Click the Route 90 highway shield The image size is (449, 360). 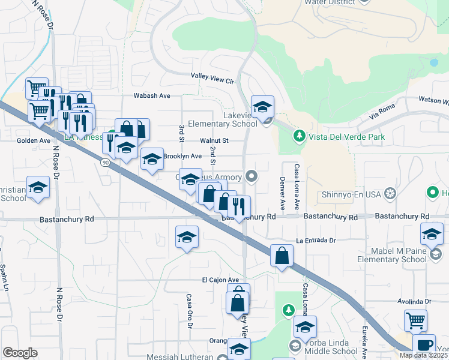[106, 162]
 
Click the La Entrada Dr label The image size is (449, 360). [315, 240]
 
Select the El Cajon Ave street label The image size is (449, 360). [220, 280]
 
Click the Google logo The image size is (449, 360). [20, 353]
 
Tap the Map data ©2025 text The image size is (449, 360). [423, 355]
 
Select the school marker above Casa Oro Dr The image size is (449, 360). [187, 238]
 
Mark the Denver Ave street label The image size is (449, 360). [281, 190]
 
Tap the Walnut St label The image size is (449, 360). [214, 140]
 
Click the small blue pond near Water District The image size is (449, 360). [433, 62]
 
